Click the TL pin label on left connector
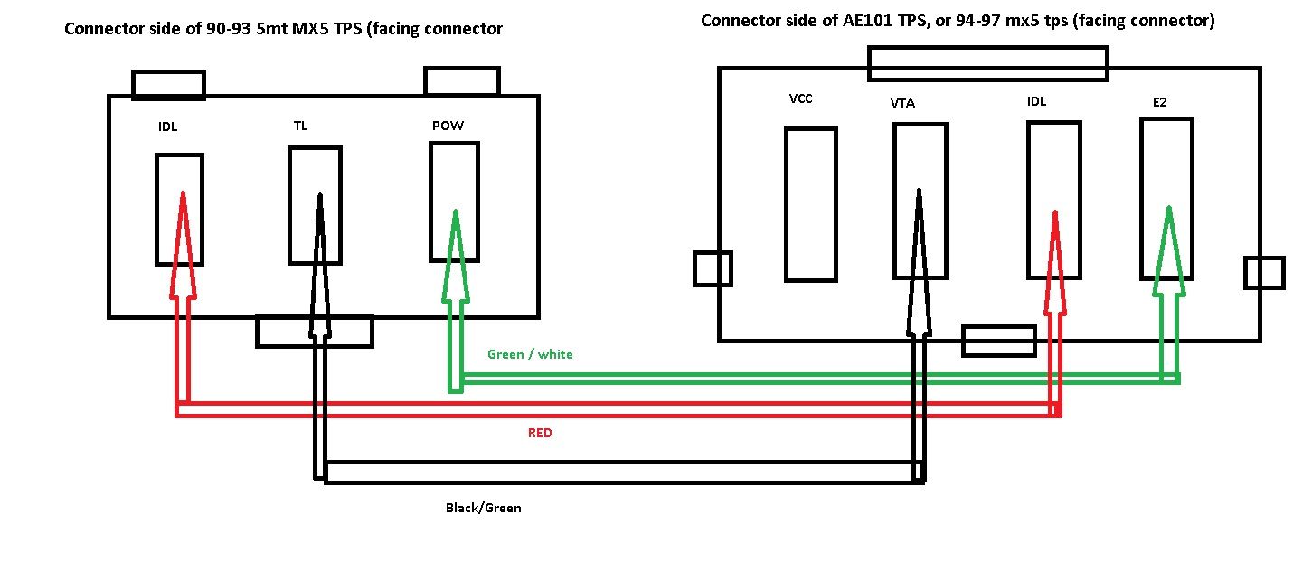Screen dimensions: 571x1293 tap(300, 126)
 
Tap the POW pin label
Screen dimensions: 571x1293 tap(448, 126)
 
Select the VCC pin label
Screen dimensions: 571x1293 tap(800, 98)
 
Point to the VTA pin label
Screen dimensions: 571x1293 tap(902, 103)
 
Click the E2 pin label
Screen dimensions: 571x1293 tap(1159, 103)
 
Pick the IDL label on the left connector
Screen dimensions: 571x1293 tap(167, 126)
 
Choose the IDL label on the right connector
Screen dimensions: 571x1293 tap(1036, 101)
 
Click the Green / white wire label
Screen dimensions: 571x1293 tap(529, 354)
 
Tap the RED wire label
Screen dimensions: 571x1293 tap(540, 433)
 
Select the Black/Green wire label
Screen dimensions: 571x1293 tap(483, 508)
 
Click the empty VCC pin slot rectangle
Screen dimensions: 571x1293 tap(810, 203)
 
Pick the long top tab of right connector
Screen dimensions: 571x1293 tap(987, 63)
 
